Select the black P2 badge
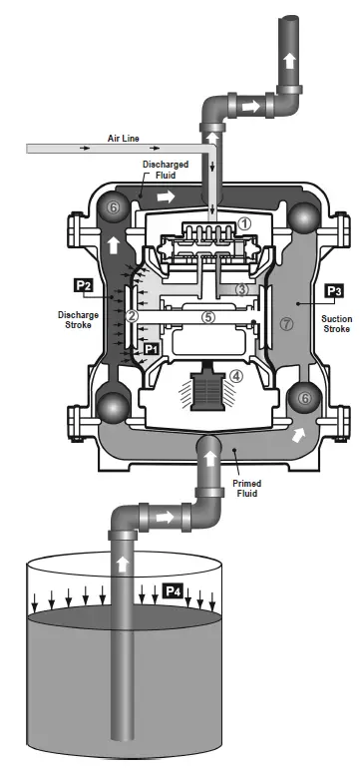coord(86,286)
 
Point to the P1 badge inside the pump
coord(152,350)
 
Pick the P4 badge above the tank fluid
coord(173,591)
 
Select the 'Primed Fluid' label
coord(247,489)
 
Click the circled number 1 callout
coord(245,223)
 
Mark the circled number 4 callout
coord(235,377)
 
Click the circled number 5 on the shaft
coord(207,317)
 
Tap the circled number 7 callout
coord(287,323)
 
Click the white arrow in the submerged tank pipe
coord(123,564)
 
